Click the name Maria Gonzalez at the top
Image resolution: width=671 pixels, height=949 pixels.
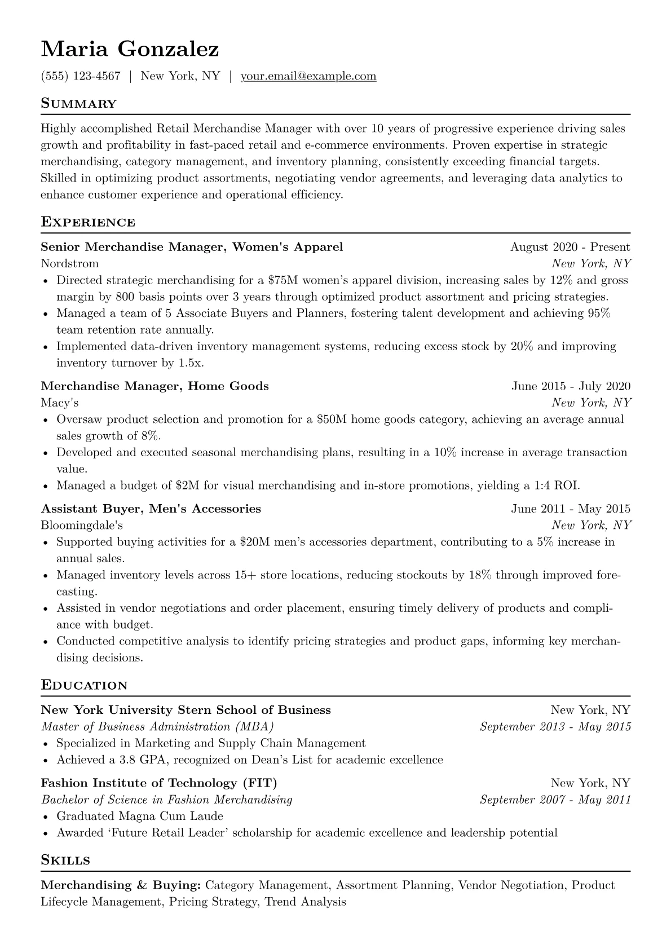[130, 50]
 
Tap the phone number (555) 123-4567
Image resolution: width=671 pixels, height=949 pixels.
[81, 76]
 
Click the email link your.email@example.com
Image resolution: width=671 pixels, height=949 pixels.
[308, 76]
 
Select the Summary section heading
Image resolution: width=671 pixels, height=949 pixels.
[78, 104]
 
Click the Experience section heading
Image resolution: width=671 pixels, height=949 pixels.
[88, 222]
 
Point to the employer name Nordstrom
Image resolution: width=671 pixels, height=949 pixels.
[69, 263]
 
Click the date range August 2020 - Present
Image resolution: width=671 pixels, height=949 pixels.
[570, 247]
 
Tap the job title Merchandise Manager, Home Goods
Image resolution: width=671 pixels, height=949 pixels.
[155, 386]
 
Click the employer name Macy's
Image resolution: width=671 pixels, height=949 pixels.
[59, 403]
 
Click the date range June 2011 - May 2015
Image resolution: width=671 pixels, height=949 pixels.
[571, 509]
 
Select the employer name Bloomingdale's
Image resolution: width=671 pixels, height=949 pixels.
[82, 526]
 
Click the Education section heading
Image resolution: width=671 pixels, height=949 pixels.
[85, 686]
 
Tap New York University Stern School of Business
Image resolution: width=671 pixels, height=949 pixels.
[186, 710]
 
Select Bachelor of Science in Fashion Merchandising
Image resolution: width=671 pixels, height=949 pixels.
[167, 800]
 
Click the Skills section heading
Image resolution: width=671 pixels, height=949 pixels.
[66, 860]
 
